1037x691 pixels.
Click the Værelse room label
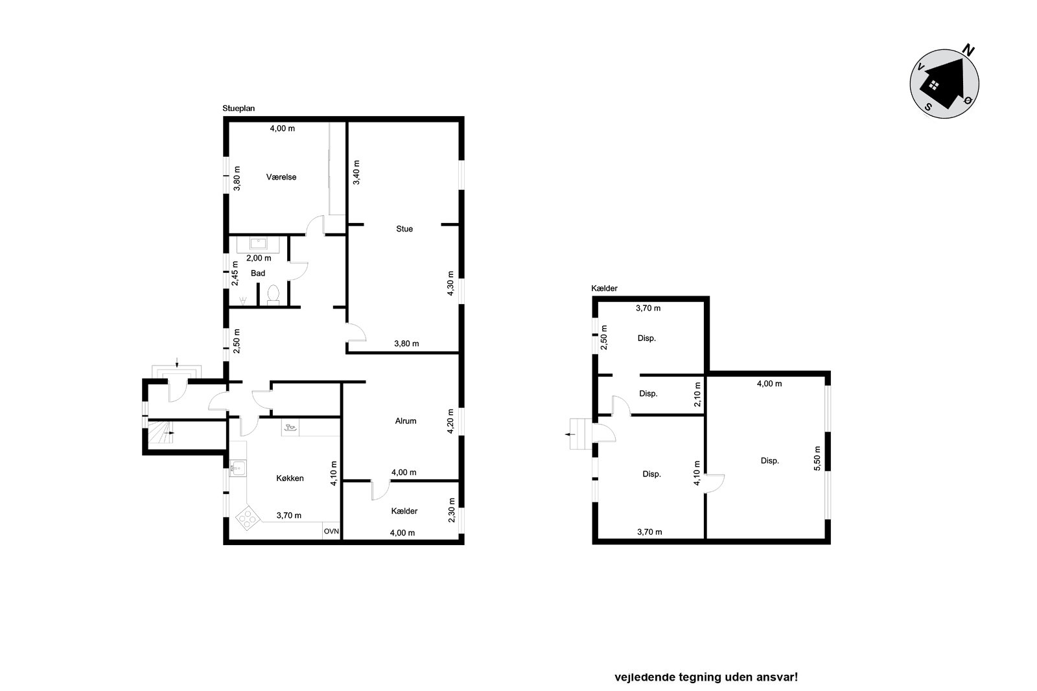pyautogui.click(x=281, y=177)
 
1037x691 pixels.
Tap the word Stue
pyautogui.click(x=404, y=229)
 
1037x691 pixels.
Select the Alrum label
pyautogui.click(x=406, y=421)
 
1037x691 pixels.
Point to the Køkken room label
pyautogui.click(x=290, y=478)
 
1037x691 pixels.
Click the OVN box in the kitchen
pyautogui.click(x=331, y=532)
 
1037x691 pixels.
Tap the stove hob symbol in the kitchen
pyautogui.click(x=247, y=519)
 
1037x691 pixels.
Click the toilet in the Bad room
pyautogui.click(x=273, y=294)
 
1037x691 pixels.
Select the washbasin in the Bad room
pyautogui.click(x=258, y=243)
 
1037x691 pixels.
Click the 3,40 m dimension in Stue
pyautogui.click(x=356, y=172)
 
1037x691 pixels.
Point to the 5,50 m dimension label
pyautogui.click(x=817, y=458)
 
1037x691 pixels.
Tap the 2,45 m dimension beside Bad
pyautogui.click(x=235, y=274)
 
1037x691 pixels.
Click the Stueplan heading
pyautogui.click(x=239, y=108)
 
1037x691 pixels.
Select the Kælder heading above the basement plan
pyautogui.click(x=604, y=288)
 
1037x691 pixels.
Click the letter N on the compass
pyautogui.click(x=968, y=50)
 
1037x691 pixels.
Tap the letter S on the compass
pyautogui.click(x=928, y=107)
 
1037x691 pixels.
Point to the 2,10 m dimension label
pyautogui.click(x=697, y=394)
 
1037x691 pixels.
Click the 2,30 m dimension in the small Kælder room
pyautogui.click(x=452, y=510)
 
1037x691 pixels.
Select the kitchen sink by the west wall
pyautogui.click(x=237, y=468)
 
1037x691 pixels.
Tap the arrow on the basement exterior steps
pyautogui.click(x=570, y=434)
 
